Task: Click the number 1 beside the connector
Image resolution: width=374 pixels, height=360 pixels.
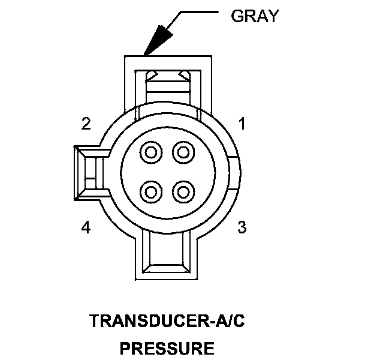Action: [x=242, y=124]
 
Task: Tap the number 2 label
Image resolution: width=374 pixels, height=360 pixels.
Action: [x=86, y=124]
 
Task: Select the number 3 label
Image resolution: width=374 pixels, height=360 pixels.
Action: [x=242, y=227]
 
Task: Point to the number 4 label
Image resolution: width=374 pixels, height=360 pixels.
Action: [x=86, y=228]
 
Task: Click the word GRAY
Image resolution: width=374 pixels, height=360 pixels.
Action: [x=255, y=16]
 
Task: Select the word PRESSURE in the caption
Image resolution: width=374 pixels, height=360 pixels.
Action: [x=167, y=348]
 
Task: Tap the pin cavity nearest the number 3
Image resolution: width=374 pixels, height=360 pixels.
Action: [x=182, y=192]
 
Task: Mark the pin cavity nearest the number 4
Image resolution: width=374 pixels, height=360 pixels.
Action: [x=152, y=192]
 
